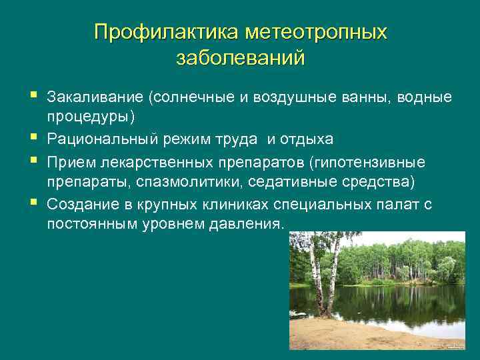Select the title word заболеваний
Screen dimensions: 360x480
pyautogui.click(x=240, y=58)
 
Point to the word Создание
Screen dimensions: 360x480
pyautogui.click(x=81, y=204)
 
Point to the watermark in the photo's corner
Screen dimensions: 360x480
pyautogui.click(x=447, y=346)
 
